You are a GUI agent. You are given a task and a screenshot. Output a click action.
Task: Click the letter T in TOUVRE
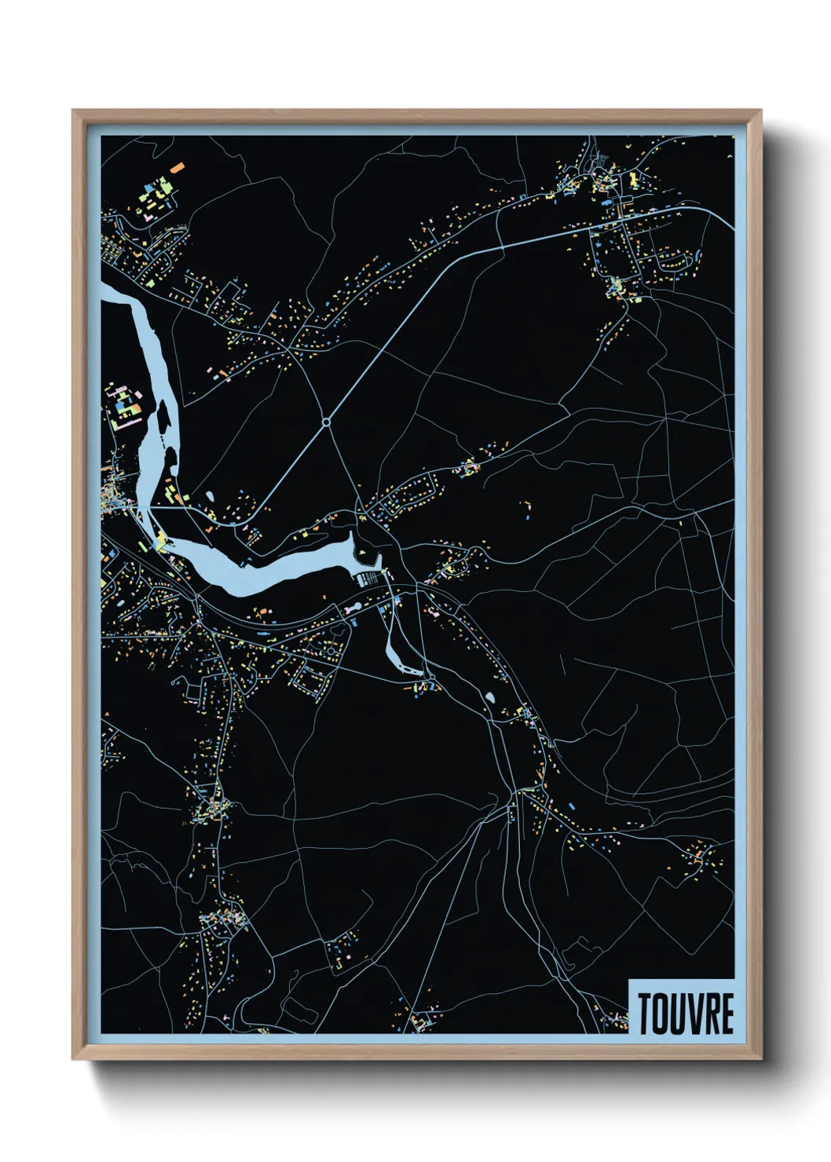[646, 1014]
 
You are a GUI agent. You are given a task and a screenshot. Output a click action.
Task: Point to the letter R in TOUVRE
[711, 1014]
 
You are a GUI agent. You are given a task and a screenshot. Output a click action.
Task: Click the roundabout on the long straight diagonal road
[326, 422]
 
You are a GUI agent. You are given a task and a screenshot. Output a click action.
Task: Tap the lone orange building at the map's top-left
[178, 167]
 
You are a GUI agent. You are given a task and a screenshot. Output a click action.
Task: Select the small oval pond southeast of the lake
[491, 696]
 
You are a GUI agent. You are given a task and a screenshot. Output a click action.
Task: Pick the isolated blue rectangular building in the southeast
[571, 806]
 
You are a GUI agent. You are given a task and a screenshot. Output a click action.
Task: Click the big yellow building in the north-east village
[634, 179]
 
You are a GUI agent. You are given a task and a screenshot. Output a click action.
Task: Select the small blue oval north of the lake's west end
[210, 495]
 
